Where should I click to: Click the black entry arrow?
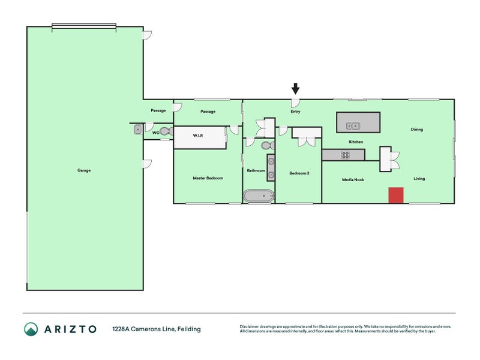295,88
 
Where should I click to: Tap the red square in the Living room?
396,196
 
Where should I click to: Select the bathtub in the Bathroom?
259,196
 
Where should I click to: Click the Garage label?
84,170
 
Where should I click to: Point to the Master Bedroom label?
208,178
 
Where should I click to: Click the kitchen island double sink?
353,126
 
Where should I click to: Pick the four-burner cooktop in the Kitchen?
345,155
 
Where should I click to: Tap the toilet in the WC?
166,131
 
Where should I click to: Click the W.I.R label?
198,136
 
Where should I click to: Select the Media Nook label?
353,179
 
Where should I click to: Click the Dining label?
416,129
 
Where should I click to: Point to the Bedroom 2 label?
299,173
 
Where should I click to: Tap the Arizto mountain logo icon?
31,329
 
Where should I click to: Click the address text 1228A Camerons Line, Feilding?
157,329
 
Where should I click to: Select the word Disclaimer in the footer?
249,326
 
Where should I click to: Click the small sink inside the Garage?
138,130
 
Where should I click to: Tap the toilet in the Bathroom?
268,145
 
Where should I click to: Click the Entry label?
295,112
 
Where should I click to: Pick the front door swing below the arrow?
295,103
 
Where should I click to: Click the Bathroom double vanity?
271,168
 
